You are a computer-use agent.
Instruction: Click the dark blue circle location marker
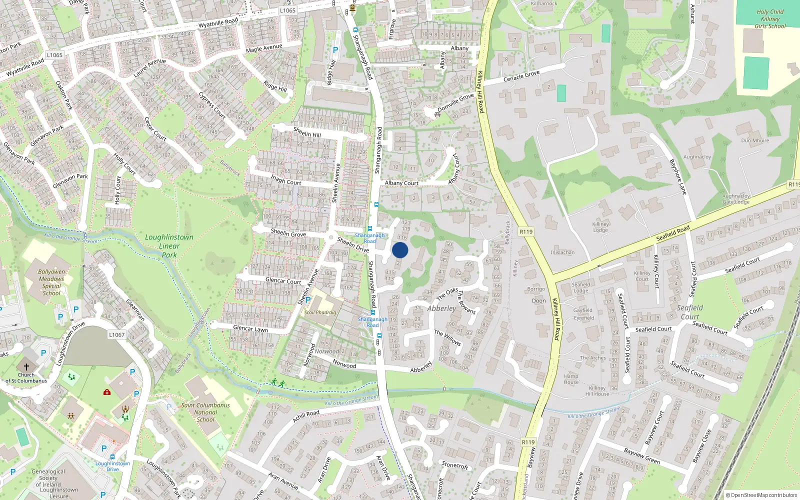[x=400, y=250]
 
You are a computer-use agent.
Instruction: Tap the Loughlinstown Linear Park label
[x=169, y=246]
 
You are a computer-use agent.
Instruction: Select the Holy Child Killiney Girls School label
[x=770, y=19]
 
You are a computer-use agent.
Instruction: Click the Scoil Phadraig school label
[x=320, y=312]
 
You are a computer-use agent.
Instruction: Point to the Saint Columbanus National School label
[x=205, y=412]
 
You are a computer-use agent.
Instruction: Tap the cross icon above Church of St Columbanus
[x=26, y=367]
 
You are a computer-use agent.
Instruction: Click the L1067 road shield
[x=116, y=335]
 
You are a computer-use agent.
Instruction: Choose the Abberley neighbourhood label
[x=441, y=308]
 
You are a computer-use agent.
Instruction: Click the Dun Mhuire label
[x=755, y=140]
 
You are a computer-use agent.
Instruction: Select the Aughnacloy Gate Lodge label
[x=736, y=199]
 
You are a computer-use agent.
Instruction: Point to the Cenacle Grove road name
[x=521, y=76]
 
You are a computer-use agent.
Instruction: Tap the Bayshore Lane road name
[x=677, y=176]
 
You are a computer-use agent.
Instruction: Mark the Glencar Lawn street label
[x=250, y=328]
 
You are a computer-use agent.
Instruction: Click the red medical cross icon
[x=106, y=392]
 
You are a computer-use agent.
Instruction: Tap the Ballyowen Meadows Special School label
[x=51, y=282]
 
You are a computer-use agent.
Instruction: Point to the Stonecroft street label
[x=455, y=465]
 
